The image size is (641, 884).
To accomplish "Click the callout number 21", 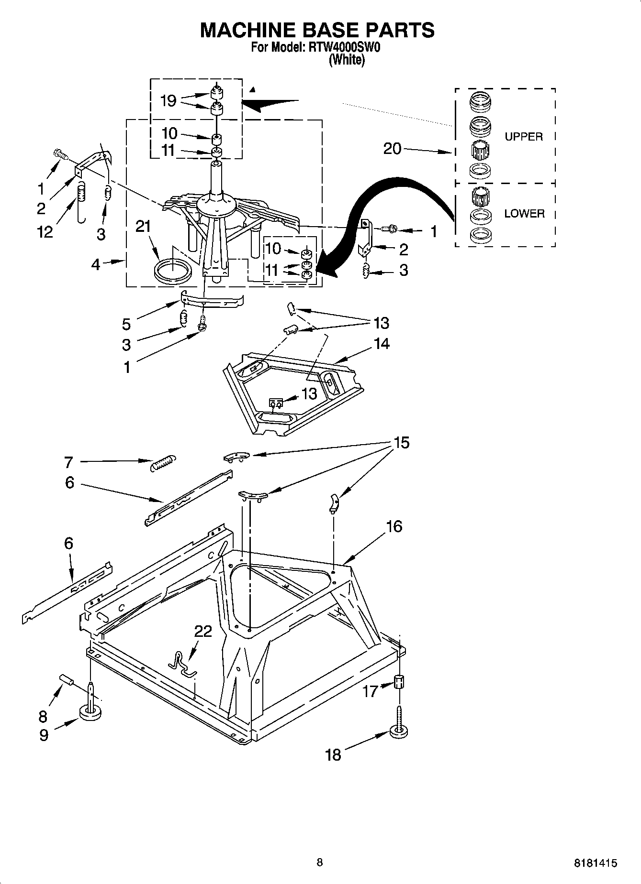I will tap(143, 227).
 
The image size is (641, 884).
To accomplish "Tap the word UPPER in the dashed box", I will tap(524, 137).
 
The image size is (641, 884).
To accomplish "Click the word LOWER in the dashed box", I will tap(524, 214).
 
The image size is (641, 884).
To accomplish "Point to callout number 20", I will tap(392, 149).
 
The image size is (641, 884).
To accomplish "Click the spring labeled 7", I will tap(163, 462).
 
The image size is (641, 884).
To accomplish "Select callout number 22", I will tap(202, 631).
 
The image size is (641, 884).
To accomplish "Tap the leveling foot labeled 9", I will tap(90, 713).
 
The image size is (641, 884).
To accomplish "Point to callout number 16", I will tap(394, 526).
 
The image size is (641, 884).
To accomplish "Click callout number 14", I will tap(382, 343).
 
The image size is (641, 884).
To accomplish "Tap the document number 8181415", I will tap(595, 863).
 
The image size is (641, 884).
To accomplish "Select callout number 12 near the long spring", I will tap(45, 232).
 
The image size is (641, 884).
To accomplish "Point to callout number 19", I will tap(169, 101).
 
